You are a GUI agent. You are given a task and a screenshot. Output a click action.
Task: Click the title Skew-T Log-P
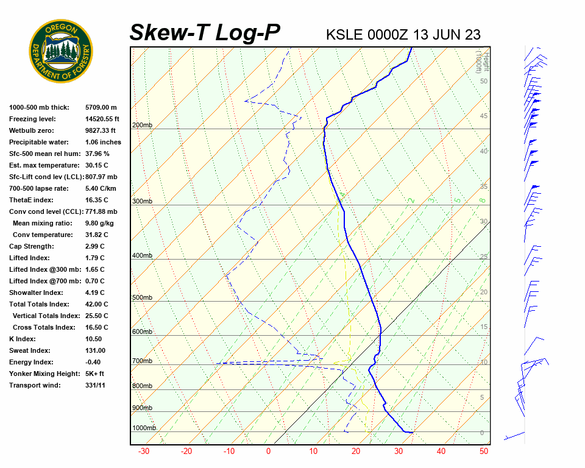(205, 33)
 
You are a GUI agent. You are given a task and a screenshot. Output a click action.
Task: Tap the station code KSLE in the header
(346, 35)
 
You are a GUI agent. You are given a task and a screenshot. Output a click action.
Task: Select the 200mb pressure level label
(142, 126)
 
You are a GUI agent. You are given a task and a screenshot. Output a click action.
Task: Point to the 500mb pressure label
(142, 298)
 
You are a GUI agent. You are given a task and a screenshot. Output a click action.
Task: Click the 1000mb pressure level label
(144, 428)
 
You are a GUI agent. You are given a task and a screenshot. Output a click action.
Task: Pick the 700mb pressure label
(142, 361)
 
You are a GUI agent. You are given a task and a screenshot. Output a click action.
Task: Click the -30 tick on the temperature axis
(144, 452)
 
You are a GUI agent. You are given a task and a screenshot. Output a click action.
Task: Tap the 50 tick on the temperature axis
(484, 452)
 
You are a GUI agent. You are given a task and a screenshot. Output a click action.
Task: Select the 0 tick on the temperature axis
(268, 452)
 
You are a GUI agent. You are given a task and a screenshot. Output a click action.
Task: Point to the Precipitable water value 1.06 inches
(103, 142)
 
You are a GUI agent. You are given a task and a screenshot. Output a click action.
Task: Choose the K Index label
(23, 339)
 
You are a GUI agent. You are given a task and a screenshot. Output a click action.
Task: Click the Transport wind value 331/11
(96, 385)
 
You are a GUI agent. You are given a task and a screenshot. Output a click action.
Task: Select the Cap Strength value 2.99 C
(95, 246)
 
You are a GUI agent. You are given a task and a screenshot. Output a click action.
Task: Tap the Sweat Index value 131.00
(96, 350)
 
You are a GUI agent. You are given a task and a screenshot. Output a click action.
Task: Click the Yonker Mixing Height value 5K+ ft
(95, 374)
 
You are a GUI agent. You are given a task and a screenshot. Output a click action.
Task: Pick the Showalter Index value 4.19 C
(95, 292)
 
